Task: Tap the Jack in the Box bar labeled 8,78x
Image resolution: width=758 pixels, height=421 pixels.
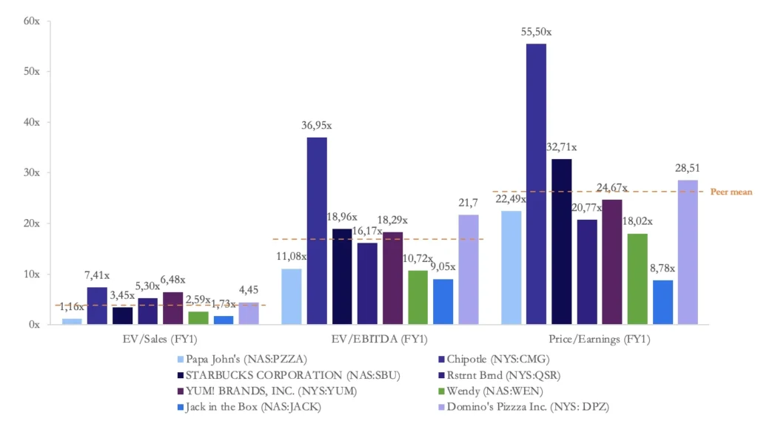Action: point(663,302)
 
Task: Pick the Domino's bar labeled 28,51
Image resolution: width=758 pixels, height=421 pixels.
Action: point(688,252)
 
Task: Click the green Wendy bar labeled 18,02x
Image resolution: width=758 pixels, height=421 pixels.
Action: point(638,279)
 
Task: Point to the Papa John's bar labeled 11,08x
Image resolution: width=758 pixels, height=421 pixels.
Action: point(292,296)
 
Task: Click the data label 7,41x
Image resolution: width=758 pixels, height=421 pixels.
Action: point(98,275)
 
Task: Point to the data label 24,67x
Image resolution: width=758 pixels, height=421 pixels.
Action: point(612,187)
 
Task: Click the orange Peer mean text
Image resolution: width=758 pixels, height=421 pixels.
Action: point(731,192)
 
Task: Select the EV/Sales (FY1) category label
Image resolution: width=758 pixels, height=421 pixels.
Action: point(160,339)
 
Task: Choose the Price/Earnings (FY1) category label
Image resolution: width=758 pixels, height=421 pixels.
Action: point(605,339)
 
